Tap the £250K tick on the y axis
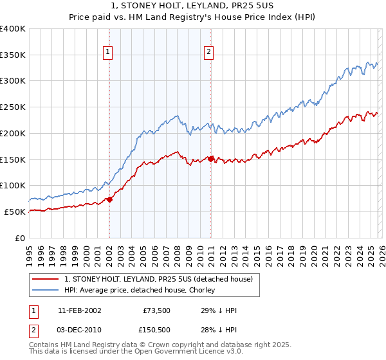tap(13, 107)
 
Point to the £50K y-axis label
tap(15, 212)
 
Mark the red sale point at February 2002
tap(109, 199)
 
